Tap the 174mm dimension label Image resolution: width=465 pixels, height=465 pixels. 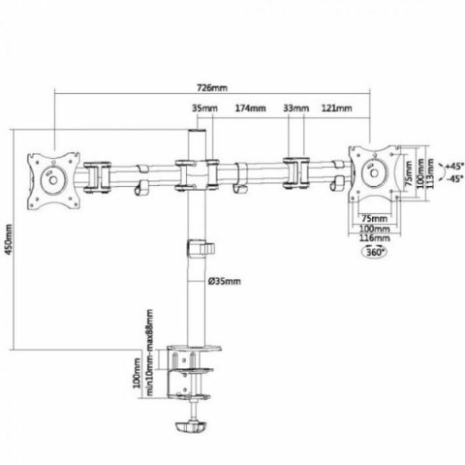coord(250,108)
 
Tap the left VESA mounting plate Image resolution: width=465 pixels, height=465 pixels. coord(47,175)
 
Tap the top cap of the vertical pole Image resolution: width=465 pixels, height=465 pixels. coord(197,136)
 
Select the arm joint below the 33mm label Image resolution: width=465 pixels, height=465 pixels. coord(294,171)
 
